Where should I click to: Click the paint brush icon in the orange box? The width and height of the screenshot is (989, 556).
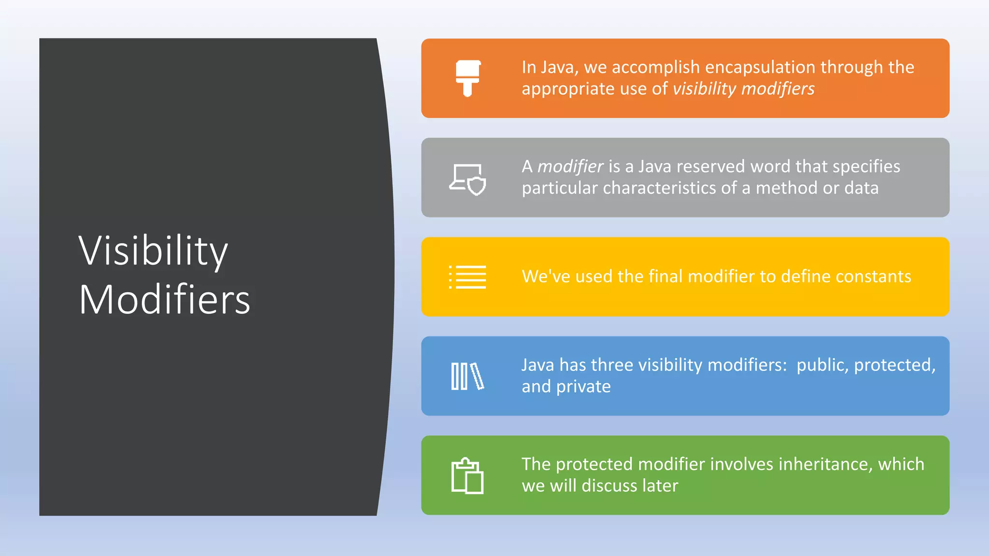point(467,78)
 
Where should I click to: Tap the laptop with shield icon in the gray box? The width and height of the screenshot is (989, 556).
point(467,180)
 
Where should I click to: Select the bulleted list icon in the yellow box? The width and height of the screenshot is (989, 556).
point(467,277)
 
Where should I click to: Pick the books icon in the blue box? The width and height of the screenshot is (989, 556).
point(467,376)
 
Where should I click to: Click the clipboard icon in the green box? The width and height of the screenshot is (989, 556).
point(467,476)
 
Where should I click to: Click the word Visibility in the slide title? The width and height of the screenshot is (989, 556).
point(153,251)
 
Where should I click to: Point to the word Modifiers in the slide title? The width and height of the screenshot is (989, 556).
point(165,300)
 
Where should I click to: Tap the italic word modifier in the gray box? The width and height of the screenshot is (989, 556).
point(570,167)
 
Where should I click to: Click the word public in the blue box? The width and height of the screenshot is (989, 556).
point(822,365)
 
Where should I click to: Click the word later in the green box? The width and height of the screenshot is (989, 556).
point(660,486)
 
